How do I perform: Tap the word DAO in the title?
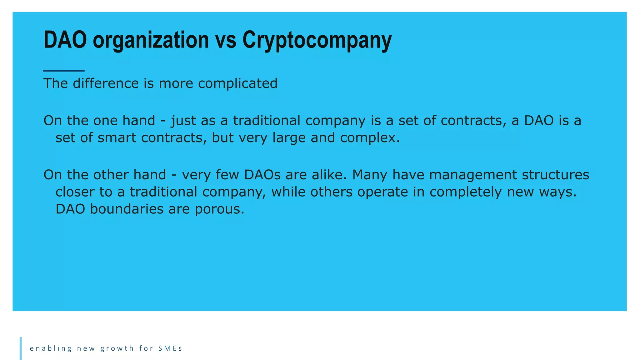65,40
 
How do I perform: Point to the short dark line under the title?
64,71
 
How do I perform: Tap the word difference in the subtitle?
106,83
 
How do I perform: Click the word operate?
382,192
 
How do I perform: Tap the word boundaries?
127,209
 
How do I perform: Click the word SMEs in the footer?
170,348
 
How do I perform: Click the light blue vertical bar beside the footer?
21,348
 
